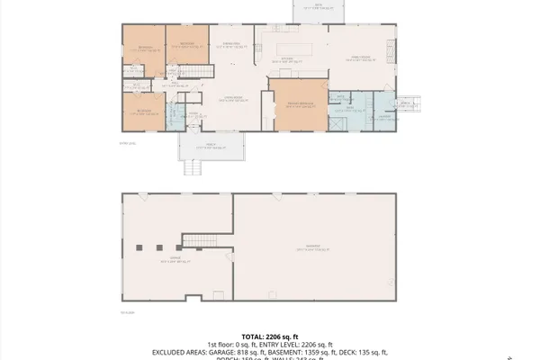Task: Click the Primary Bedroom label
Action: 292,103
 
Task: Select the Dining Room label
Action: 231,44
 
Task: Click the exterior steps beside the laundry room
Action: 407,104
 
